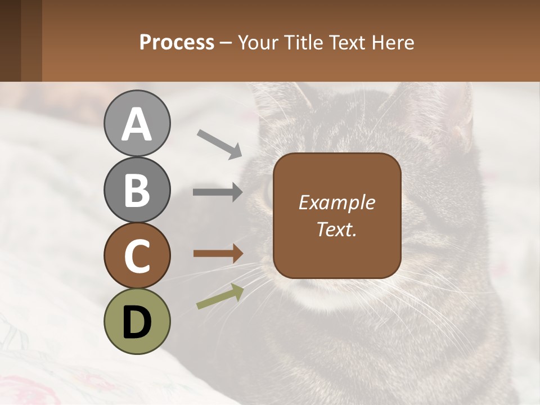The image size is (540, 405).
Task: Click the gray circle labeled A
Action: point(137,124)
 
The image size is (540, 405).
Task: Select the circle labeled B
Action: point(137,190)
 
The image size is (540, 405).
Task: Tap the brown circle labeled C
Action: point(137,255)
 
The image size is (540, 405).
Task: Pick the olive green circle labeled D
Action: point(137,321)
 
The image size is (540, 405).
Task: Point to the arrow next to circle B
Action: point(218,192)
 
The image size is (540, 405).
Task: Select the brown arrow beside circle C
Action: point(218,254)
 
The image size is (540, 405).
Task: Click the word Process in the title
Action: point(177,42)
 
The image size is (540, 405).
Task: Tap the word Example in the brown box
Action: point(336,202)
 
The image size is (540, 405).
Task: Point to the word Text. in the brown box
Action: point(336,229)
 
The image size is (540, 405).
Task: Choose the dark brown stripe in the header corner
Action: point(10,40)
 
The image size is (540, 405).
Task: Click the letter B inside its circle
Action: point(137,190)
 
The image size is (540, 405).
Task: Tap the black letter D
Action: point(137,322)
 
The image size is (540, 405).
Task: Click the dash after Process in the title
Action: point(226,43)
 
